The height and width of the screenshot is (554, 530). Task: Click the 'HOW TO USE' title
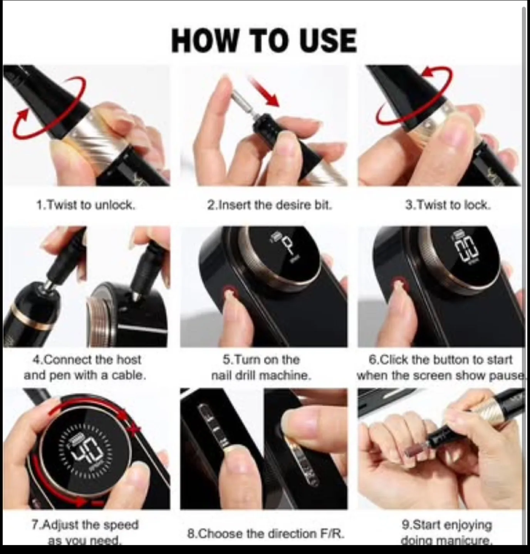click(264, 40)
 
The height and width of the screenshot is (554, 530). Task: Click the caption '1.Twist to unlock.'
click(86, 205)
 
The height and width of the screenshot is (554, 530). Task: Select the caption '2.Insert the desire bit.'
click(269, 205)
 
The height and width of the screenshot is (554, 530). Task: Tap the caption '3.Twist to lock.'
click(448, 205)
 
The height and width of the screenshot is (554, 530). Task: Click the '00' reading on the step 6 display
click(467, 249)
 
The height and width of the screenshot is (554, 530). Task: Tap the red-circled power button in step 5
click(230, 293)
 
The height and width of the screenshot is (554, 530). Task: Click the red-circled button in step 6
click(400, 285)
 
